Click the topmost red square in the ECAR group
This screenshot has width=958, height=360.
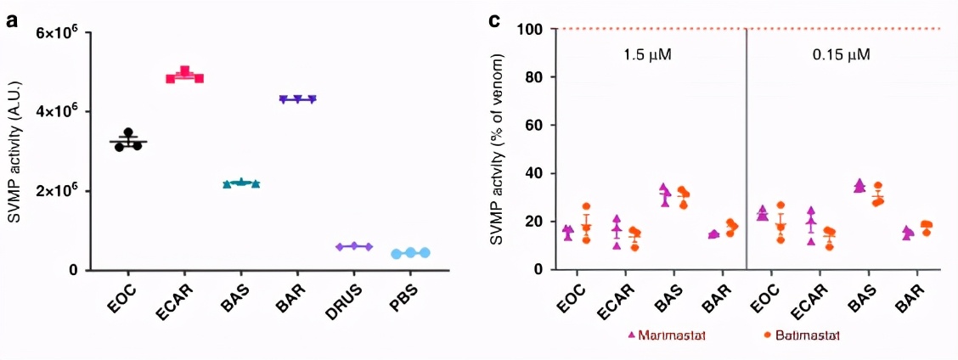click(x=184, y=70)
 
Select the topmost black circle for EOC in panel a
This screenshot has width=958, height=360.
click(x=128, y=133)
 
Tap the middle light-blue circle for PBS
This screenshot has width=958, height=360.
click(x=394, y=252)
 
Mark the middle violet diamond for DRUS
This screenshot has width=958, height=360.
click(x=354, y=246)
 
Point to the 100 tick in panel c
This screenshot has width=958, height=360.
click(x=532, y=30)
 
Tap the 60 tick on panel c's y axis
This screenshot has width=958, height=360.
click(x=535, y=126)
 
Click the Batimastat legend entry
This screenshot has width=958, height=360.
click(x=802, y=335)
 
